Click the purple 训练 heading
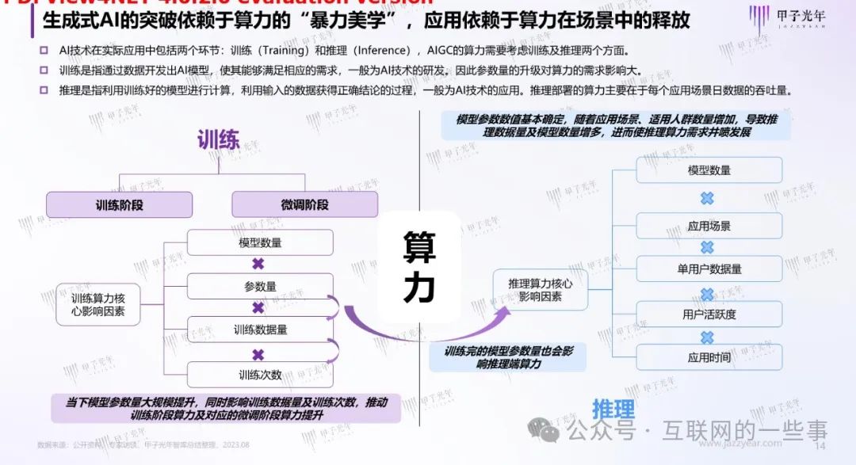218,141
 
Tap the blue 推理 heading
614,410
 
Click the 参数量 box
260,286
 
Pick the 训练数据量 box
260,330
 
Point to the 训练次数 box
260,374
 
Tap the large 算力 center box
419,268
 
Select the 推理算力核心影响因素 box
540,288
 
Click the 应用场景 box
709,226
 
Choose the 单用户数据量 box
709,269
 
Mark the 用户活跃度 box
709,314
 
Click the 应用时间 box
709,357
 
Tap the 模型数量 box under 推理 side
709,170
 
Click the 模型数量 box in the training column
260,242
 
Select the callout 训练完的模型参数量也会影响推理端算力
508,357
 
